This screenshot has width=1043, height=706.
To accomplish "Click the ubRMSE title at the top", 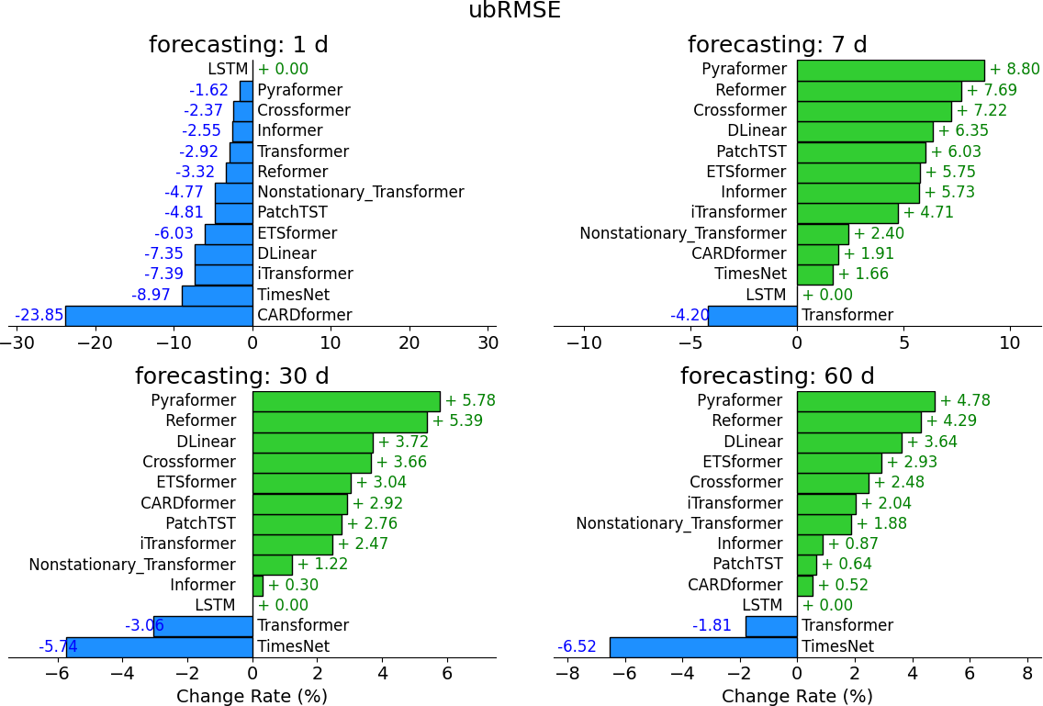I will coord(514,11).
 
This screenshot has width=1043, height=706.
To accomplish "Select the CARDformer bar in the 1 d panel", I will coord(159,316).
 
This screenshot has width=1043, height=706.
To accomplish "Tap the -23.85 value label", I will coord(39,316).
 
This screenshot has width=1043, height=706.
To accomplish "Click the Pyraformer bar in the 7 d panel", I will coord(890,70).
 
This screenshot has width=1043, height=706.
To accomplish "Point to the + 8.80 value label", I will coord(1015,70).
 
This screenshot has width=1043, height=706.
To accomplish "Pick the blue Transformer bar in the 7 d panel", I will coord(752,316).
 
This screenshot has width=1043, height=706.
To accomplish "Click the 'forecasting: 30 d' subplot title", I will coord(231,376).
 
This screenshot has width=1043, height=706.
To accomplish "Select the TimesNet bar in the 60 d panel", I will coord(703,646).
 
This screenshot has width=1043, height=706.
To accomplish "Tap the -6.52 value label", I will coord(578,646).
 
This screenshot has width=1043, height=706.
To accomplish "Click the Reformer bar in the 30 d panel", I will coord(340,421).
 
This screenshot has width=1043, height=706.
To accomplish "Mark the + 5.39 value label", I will coord(457,421).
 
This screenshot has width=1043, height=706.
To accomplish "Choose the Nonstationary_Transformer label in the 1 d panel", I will coord(361,193).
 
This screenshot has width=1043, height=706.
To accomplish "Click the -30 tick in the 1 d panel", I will coord(17,343).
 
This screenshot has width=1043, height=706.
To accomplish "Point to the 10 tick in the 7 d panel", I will coord(1010,343).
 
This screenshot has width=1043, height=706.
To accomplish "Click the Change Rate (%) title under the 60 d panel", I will coord(797,696).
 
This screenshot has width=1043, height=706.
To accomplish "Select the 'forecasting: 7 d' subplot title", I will coord(778,45).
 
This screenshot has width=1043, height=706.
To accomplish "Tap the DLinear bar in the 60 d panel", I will coord(849,442).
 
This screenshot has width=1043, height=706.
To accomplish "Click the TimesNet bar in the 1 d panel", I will coord(217,296).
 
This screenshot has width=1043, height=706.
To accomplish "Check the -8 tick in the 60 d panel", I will coord(567,675).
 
